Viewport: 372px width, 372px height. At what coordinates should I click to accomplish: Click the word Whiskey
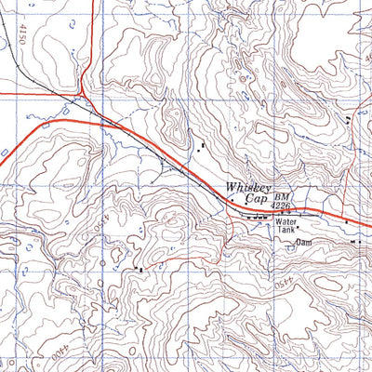(246, 187)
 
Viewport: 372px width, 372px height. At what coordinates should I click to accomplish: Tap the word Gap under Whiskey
(256, 199)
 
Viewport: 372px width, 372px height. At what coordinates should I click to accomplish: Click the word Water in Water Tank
(284, 223)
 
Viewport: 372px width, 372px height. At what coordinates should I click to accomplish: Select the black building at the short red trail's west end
(139, 269)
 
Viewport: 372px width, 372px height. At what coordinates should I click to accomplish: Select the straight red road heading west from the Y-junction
(37, 94)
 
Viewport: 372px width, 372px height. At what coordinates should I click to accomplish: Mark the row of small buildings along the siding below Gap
(256, 217)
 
